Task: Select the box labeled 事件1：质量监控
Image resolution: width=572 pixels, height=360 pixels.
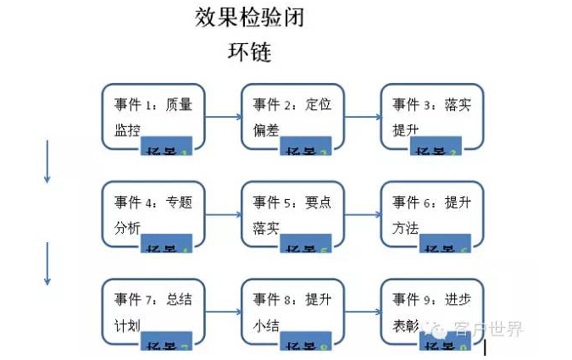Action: point(153,116)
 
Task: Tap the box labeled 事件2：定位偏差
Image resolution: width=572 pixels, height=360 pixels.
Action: point(292,116)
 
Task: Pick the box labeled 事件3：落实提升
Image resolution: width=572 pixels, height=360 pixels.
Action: point(431,116)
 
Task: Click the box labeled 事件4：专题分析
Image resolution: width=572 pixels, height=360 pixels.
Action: point(153,213)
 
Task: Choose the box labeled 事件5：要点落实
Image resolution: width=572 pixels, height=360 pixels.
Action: point(292,213)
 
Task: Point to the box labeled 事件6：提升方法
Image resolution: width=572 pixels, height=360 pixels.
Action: point(431,213)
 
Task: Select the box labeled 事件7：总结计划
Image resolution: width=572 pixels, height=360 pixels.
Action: point(153,310)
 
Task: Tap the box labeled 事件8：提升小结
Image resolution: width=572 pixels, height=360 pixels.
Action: point(292,310)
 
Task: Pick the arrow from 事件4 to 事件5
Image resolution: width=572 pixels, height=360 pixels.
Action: point(223,214)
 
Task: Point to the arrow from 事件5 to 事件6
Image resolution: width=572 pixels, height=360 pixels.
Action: point(362,214)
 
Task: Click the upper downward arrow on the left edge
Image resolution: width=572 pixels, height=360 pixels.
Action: point(47,161)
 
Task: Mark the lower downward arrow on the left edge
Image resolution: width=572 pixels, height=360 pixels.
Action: point(47,263)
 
